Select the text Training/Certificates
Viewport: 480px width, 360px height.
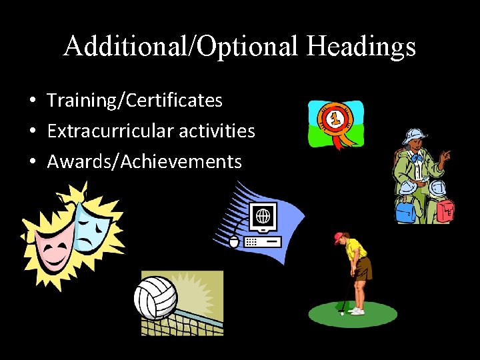point(135,101)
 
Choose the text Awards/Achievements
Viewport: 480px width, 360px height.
point(144,161)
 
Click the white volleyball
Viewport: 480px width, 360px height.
point(155,297)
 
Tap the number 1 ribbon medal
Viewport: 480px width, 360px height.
point(333,121)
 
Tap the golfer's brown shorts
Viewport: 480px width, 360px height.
point(364,270)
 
